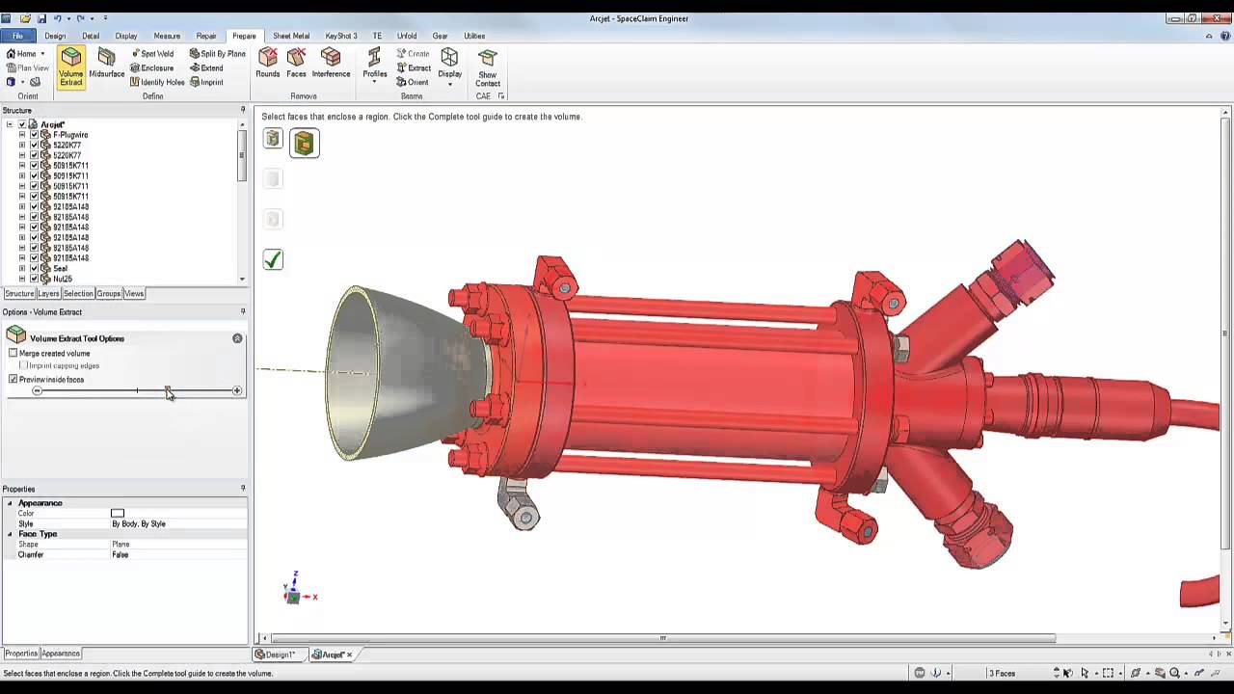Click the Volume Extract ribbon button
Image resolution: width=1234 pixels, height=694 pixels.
tap(71, 67)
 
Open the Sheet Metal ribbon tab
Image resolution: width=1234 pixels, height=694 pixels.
tap(291, 36)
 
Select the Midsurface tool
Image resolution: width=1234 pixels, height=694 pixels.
tap(106, 65)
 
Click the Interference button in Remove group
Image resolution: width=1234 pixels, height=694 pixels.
tap(331, 64)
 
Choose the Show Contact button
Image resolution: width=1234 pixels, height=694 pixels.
tap(488, 68)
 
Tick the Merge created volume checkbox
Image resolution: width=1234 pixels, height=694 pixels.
tap(13, 354)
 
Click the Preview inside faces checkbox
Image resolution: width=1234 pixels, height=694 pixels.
tap(13, 380)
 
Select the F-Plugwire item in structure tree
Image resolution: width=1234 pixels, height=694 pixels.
tap(70, 135)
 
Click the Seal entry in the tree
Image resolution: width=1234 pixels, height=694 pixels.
tap(60, 269)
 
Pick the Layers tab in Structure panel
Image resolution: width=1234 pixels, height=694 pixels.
tap(48, 294)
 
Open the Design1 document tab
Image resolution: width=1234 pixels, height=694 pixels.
tap(280, 654)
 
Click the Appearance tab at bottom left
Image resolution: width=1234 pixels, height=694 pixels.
tap(61, 654)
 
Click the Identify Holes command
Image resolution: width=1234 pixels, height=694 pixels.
tap(157, 82)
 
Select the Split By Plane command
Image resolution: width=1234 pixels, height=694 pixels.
tap(218, 54)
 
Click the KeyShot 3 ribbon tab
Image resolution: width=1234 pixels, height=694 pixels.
tap(341, 36)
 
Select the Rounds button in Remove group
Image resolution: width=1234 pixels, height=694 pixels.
tap(268, 64)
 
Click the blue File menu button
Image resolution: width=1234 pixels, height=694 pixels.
tap(17, 36)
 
